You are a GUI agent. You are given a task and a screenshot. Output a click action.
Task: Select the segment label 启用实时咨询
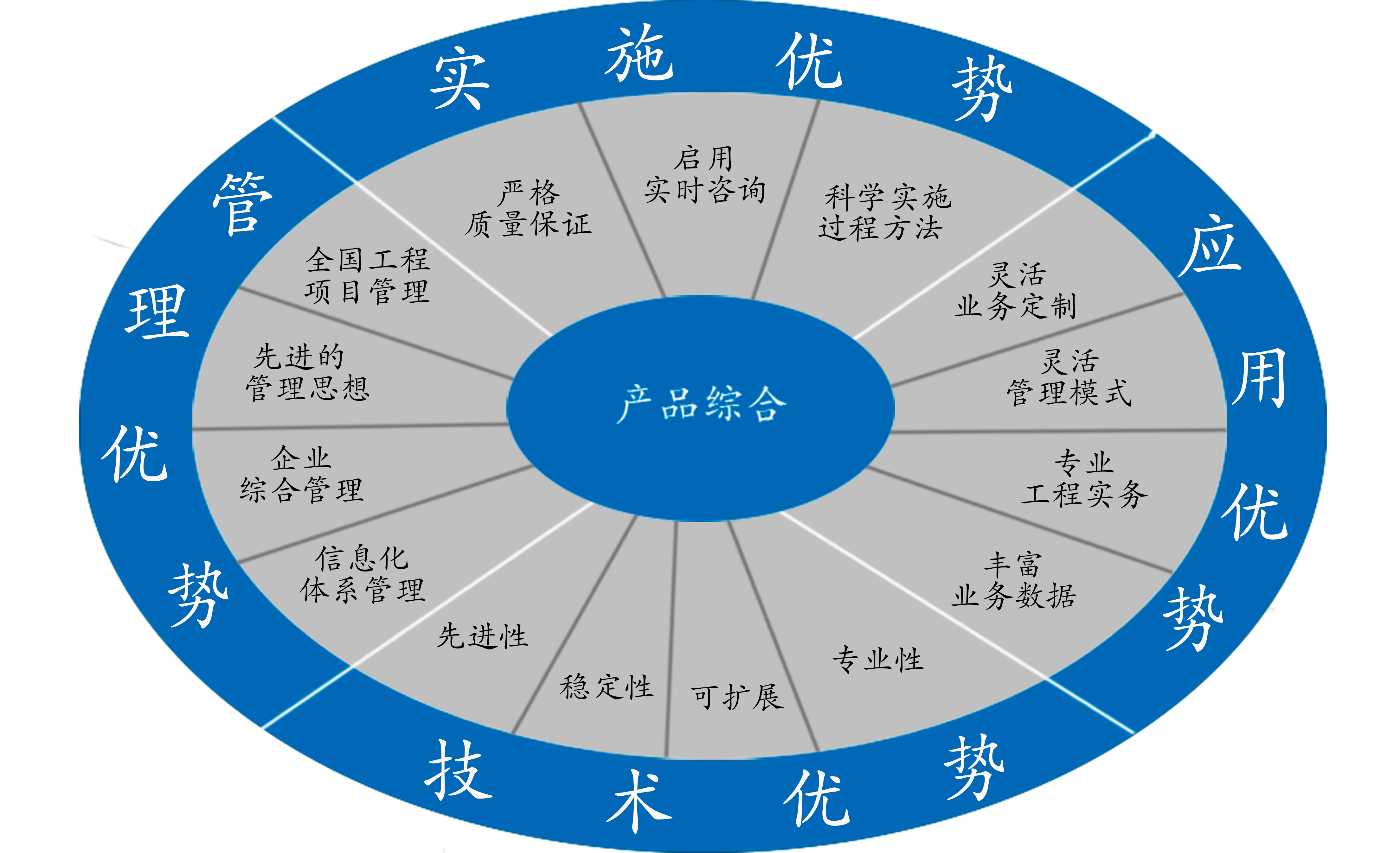[x=704, y=174]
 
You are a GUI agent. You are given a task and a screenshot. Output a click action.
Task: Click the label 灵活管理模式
[x=1068, y=378]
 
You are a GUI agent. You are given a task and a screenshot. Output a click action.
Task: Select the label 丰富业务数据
[x=1014, y=580]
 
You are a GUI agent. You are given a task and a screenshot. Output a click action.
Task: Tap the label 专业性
[x=878, y=659]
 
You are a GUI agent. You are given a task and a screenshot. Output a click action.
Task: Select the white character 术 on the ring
[x=639, y=801]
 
